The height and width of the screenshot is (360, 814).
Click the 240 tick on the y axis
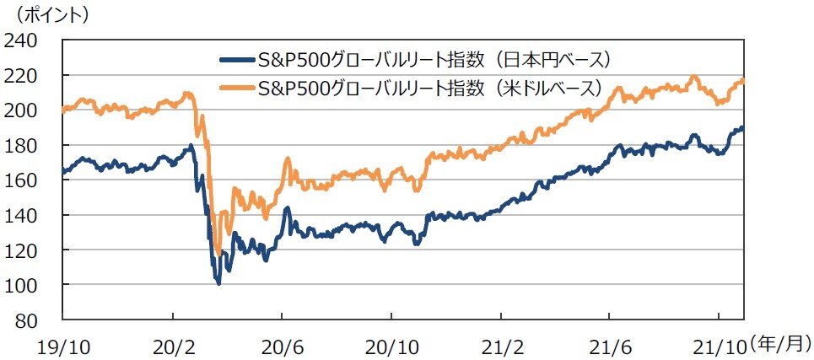(x=26, y=40)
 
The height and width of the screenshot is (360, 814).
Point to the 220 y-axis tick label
(x=26, y=76)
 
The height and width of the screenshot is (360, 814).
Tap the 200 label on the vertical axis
(x=26, y=110)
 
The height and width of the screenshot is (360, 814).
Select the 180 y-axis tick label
(x=26, y=146)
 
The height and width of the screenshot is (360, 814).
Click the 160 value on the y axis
(x=26, y=180)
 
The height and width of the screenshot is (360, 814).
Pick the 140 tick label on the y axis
(x=26, y=216)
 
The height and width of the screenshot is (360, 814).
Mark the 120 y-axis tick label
(x=26, y=250)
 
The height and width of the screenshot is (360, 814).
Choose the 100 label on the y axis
(x=26, y=286)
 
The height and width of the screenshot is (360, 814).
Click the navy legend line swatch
(x=236, y=61)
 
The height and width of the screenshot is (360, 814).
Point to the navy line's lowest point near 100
(x=219, y=283)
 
